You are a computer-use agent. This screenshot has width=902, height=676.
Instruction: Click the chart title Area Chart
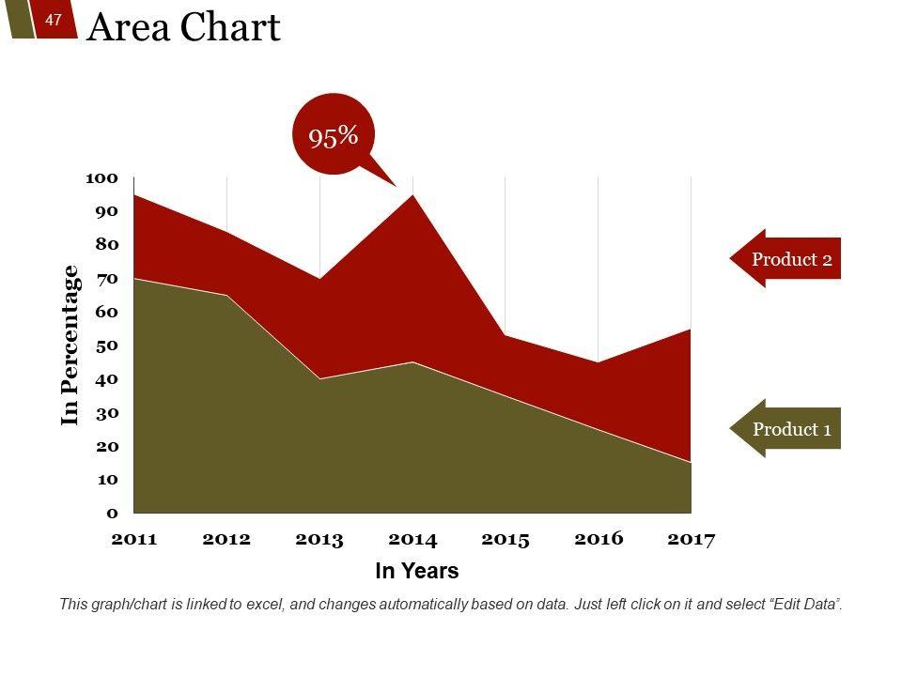click(x=183, y=28)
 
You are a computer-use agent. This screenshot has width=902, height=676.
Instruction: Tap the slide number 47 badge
click(x=54, y=20)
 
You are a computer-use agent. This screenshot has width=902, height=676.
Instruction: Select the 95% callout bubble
click(x=334, y=136)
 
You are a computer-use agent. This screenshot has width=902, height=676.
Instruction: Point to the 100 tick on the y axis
click(x=101, y=177)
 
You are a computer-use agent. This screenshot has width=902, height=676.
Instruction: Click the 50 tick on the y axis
click(x=105, y=346)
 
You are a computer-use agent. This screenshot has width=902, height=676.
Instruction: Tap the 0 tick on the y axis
click(x=112, y=513)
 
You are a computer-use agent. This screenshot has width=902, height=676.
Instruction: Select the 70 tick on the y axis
click(x=105, y=278)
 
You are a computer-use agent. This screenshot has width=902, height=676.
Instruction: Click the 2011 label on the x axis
click(x=134, y=540)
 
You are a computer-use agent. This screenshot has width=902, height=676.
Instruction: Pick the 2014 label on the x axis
click(x=412, y=540)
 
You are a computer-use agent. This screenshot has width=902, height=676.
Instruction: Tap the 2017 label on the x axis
click(x=691, y=540)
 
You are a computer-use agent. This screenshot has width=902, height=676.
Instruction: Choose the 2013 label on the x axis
click(x=319, y=540)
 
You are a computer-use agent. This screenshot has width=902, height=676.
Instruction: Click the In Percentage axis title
click(x=70, y=345)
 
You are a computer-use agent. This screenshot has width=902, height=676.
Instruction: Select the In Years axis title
click(x=417, y=571)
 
